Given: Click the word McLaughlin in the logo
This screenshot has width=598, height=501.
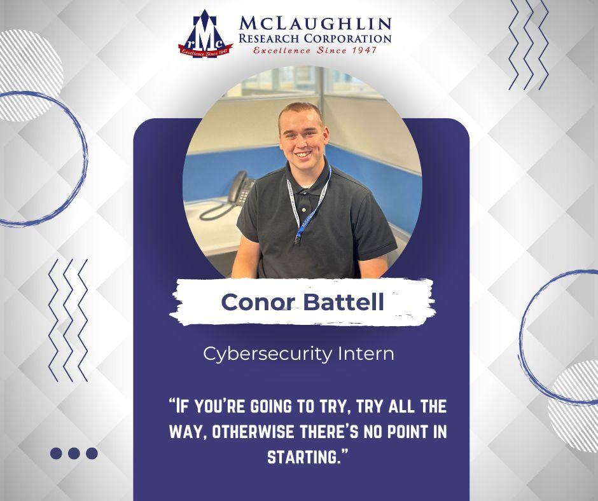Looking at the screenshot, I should pyautogui.click(x=315, y=24).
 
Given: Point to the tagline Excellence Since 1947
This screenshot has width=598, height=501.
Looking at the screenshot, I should pyautogui.click(x=315, y=50).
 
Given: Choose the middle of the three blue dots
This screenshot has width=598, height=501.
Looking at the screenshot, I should pyautogui.click(x=74, y=453).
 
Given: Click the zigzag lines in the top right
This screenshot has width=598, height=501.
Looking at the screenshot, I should pyautogui.click(x=528, y=45).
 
